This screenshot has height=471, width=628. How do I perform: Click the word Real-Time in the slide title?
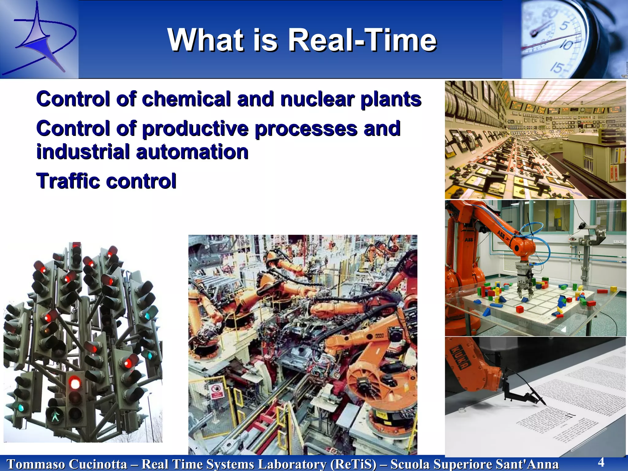pos(362,40)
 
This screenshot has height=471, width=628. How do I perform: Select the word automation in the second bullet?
pos(192,152)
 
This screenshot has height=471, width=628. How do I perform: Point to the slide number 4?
pos(601,462)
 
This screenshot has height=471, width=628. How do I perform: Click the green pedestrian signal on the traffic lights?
pos(56,416)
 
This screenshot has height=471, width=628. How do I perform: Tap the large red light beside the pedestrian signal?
pos(75,383)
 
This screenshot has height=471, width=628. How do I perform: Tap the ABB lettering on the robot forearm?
pos(501,235)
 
